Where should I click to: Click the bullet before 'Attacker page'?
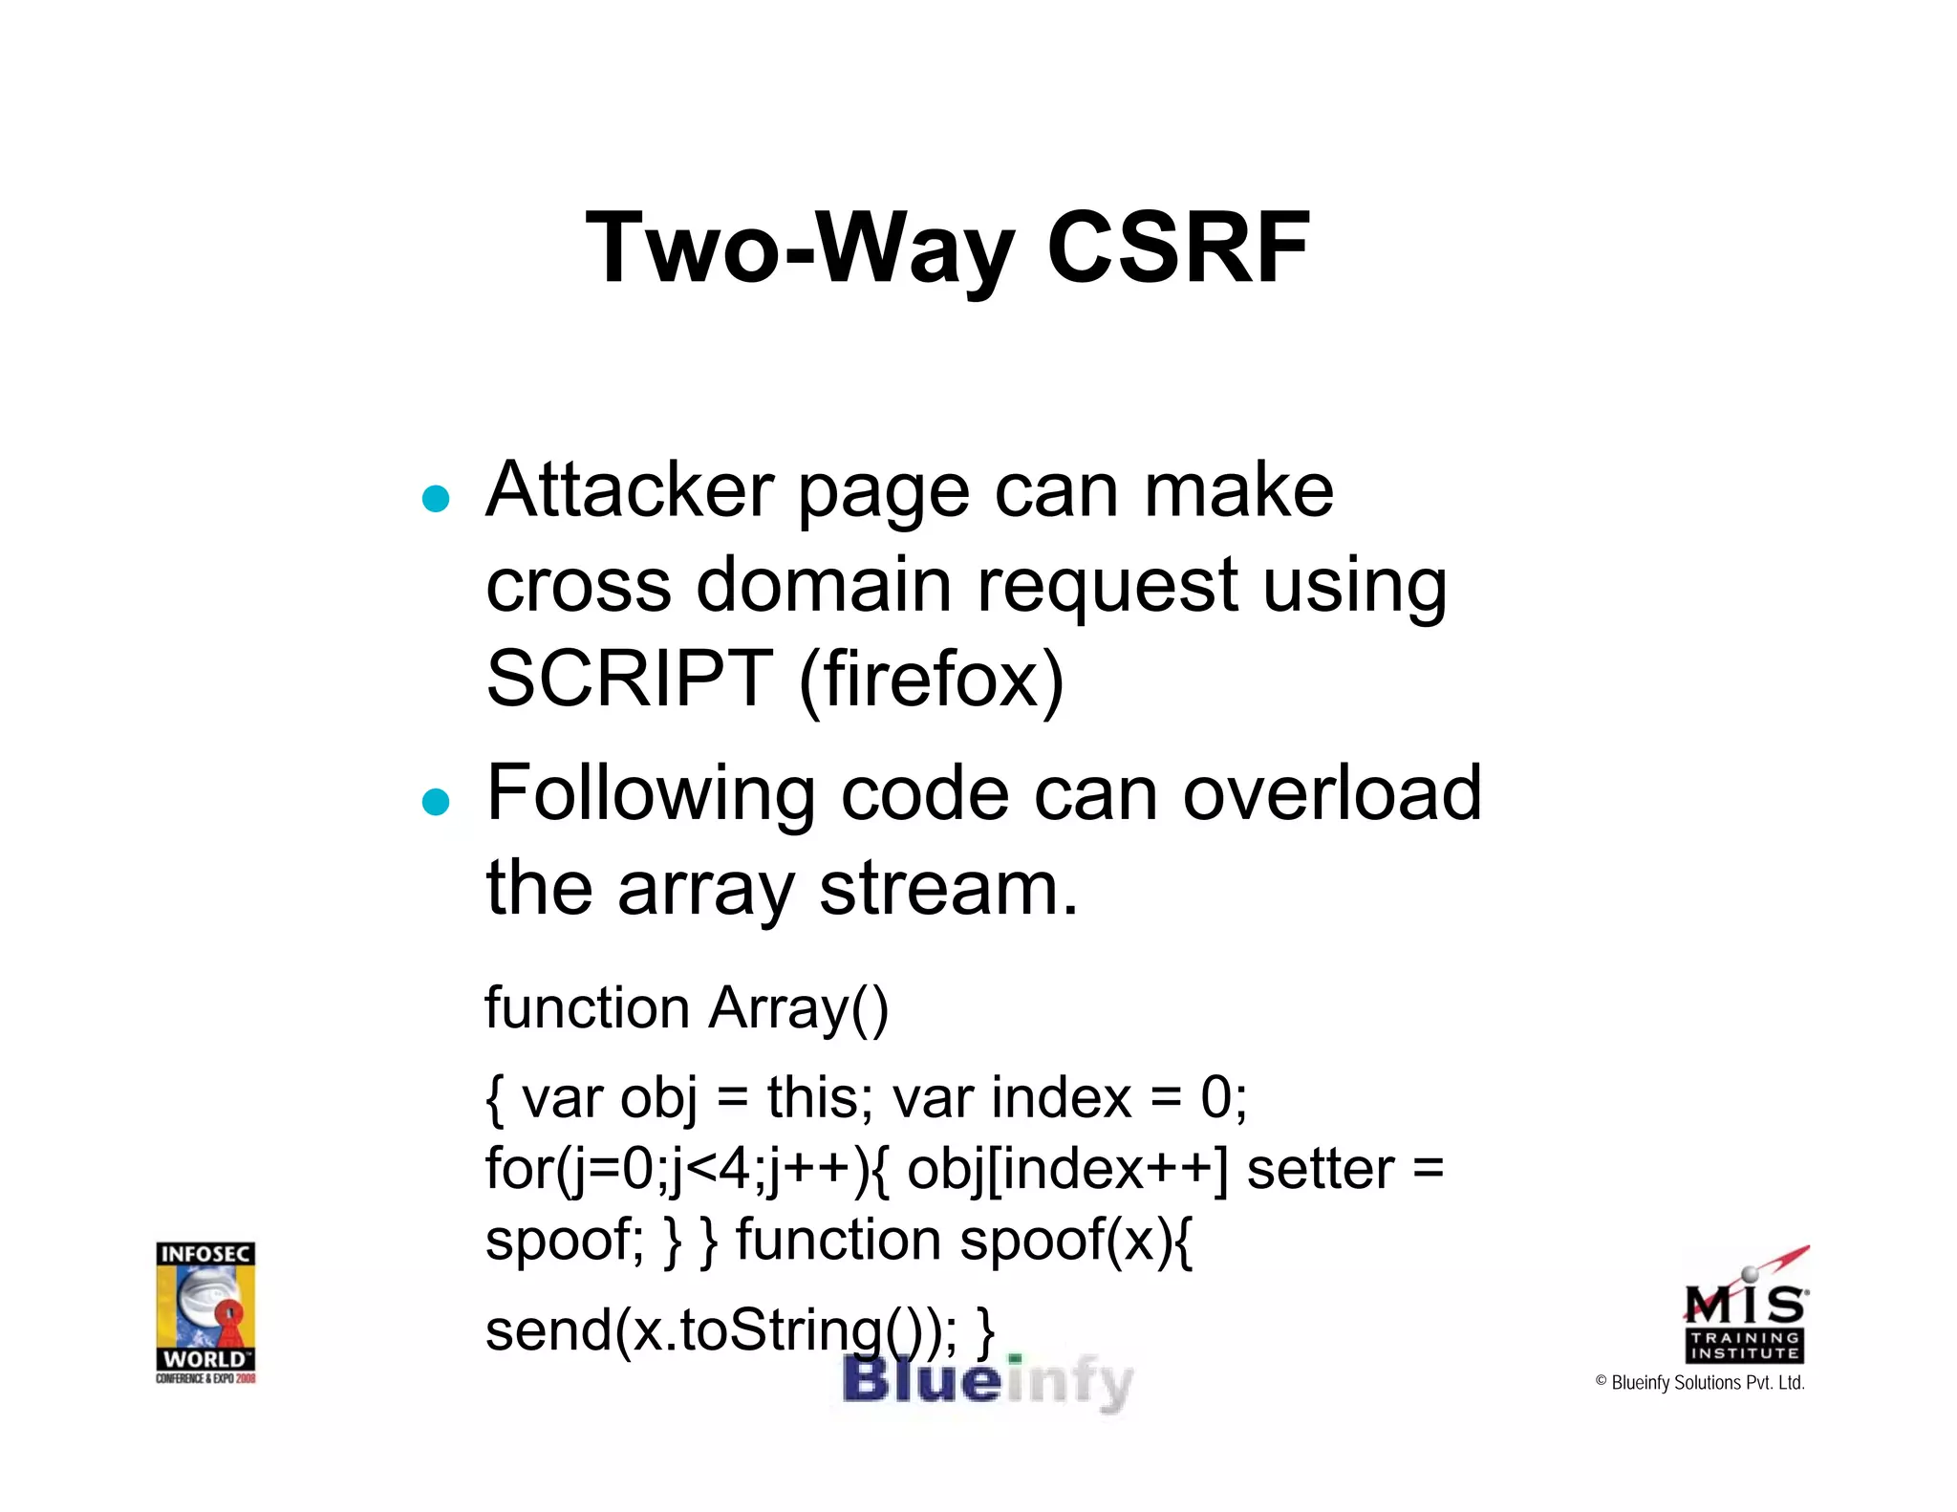pyautogui.click(x=436, y=498)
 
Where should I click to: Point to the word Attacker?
pyautogui.click(x=629, y=490)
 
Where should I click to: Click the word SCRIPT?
pyautogui.click(x=629, y=679)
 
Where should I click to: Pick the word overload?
pyautogui.click(x=1332, y=793)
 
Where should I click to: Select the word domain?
pyautogui.click(x=824, y=585)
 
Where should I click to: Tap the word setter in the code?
pyautogui.click(x=1321, y=1170)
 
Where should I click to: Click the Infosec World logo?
pyautogui.click(x=205, y=1311)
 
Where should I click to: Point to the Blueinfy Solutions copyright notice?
pyautogui.click(x=1700, y=1382)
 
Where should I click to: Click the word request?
pyautogui.click(x=1107, y=587)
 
